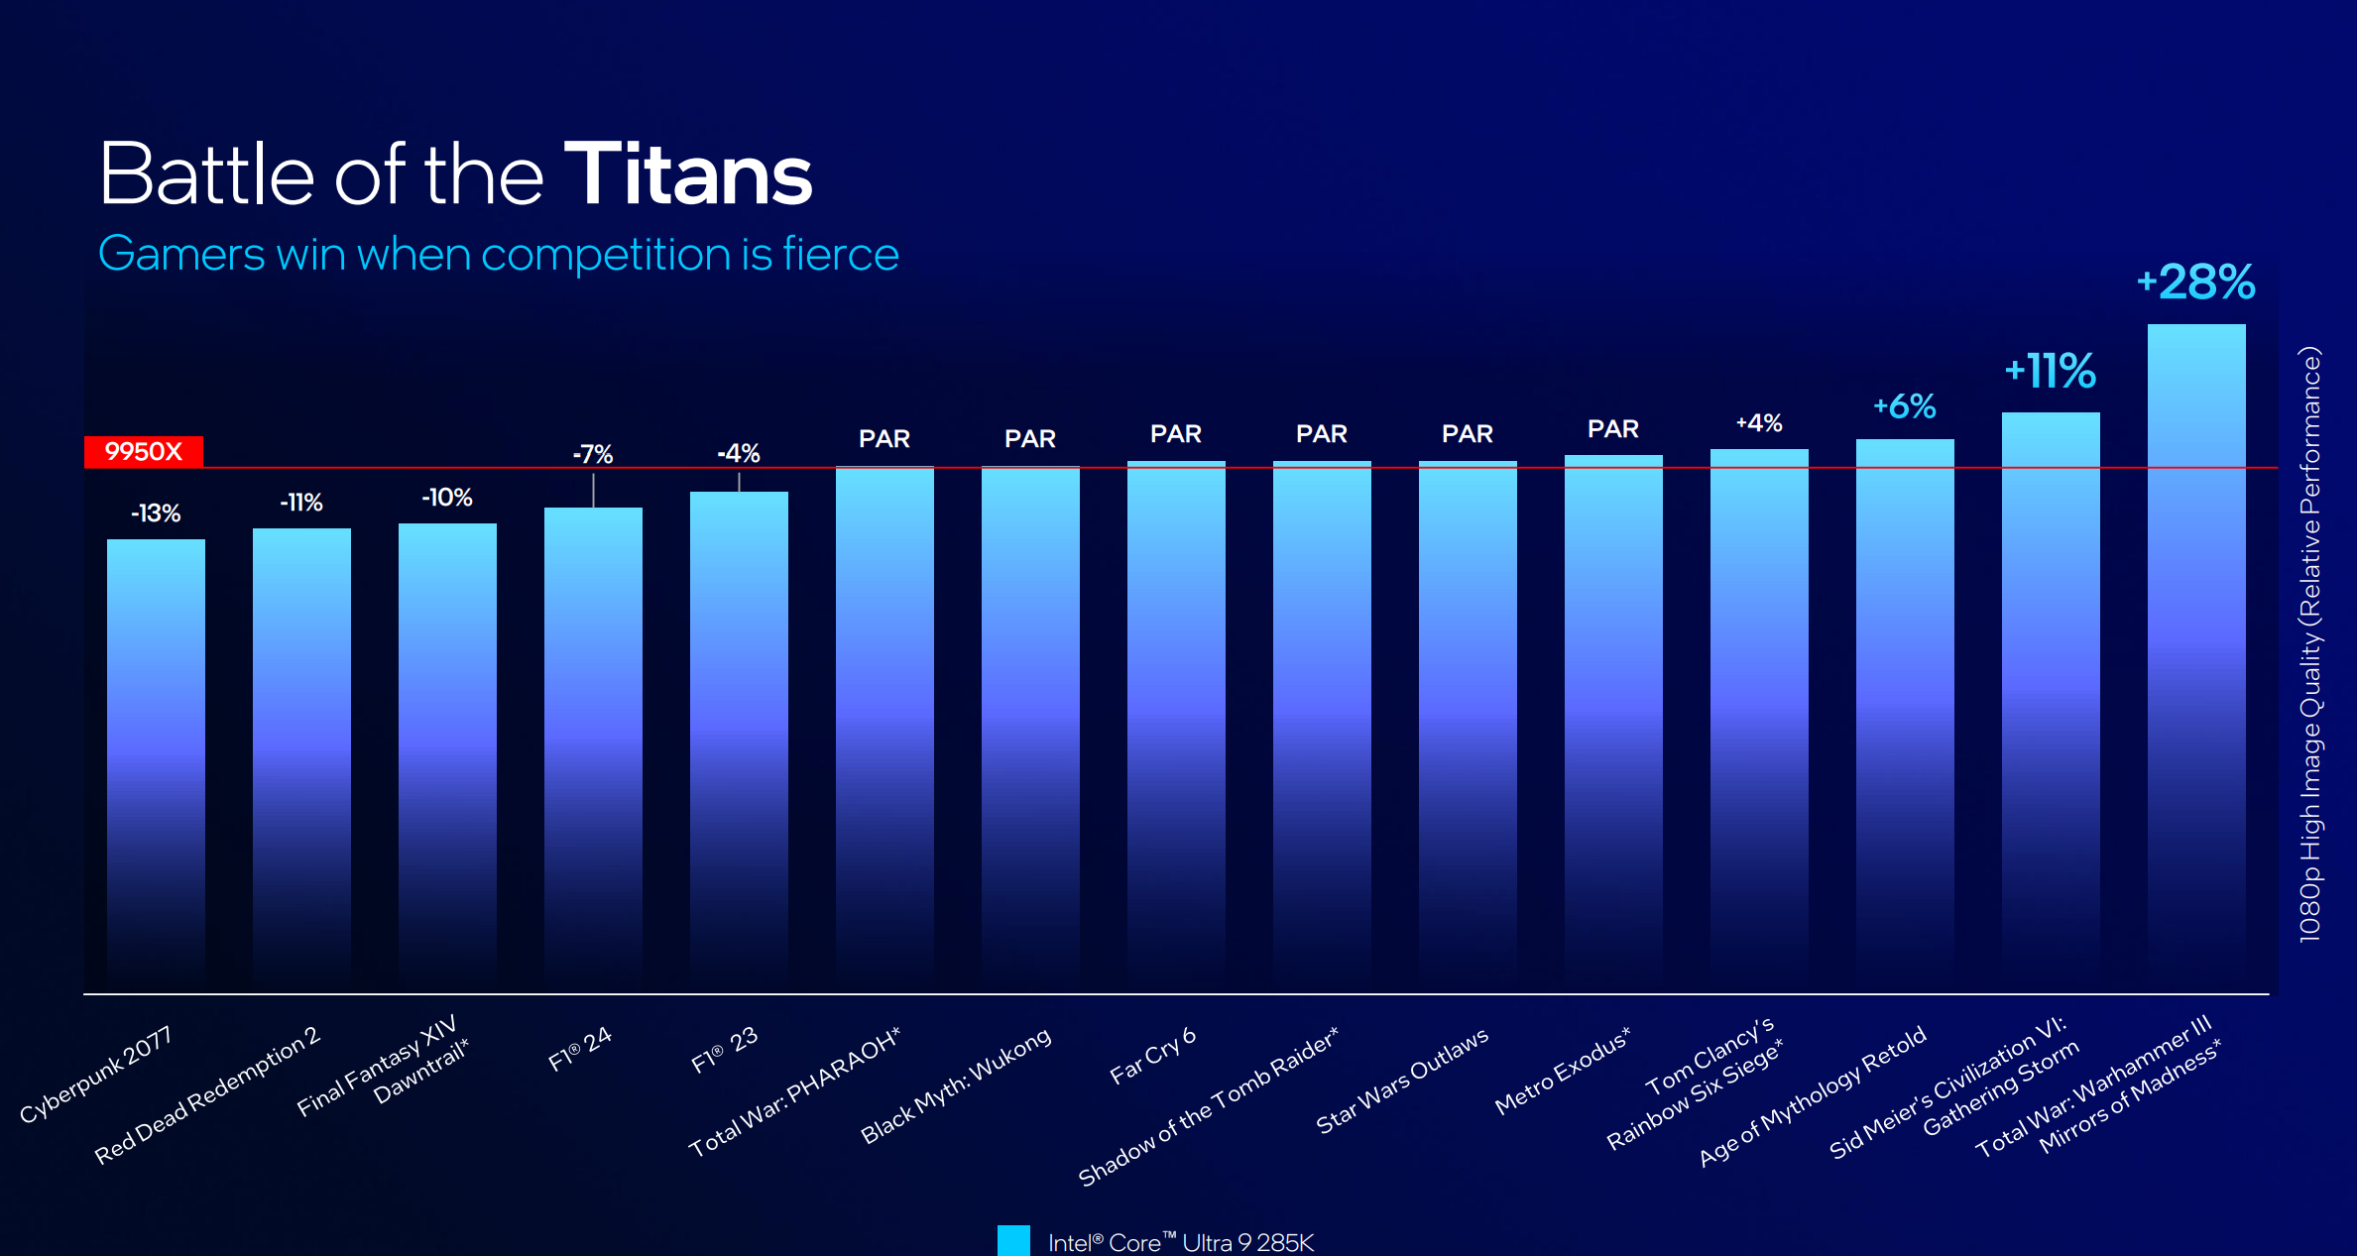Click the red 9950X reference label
144,452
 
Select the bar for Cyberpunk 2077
156,763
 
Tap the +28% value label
2195,283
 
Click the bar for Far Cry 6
1176,724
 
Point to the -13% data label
156,514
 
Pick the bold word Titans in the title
688,175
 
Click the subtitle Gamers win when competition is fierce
499,255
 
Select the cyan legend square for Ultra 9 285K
1013,1241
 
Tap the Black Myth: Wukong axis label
955,1085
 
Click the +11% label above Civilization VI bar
2050,372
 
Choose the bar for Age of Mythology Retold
1905,714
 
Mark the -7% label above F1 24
593,454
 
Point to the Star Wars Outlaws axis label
1401,1080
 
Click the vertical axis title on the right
2310,644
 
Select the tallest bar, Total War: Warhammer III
2195,654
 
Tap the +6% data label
1904,406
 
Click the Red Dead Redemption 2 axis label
207,1095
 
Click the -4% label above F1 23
739,454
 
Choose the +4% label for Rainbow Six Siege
1759,423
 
